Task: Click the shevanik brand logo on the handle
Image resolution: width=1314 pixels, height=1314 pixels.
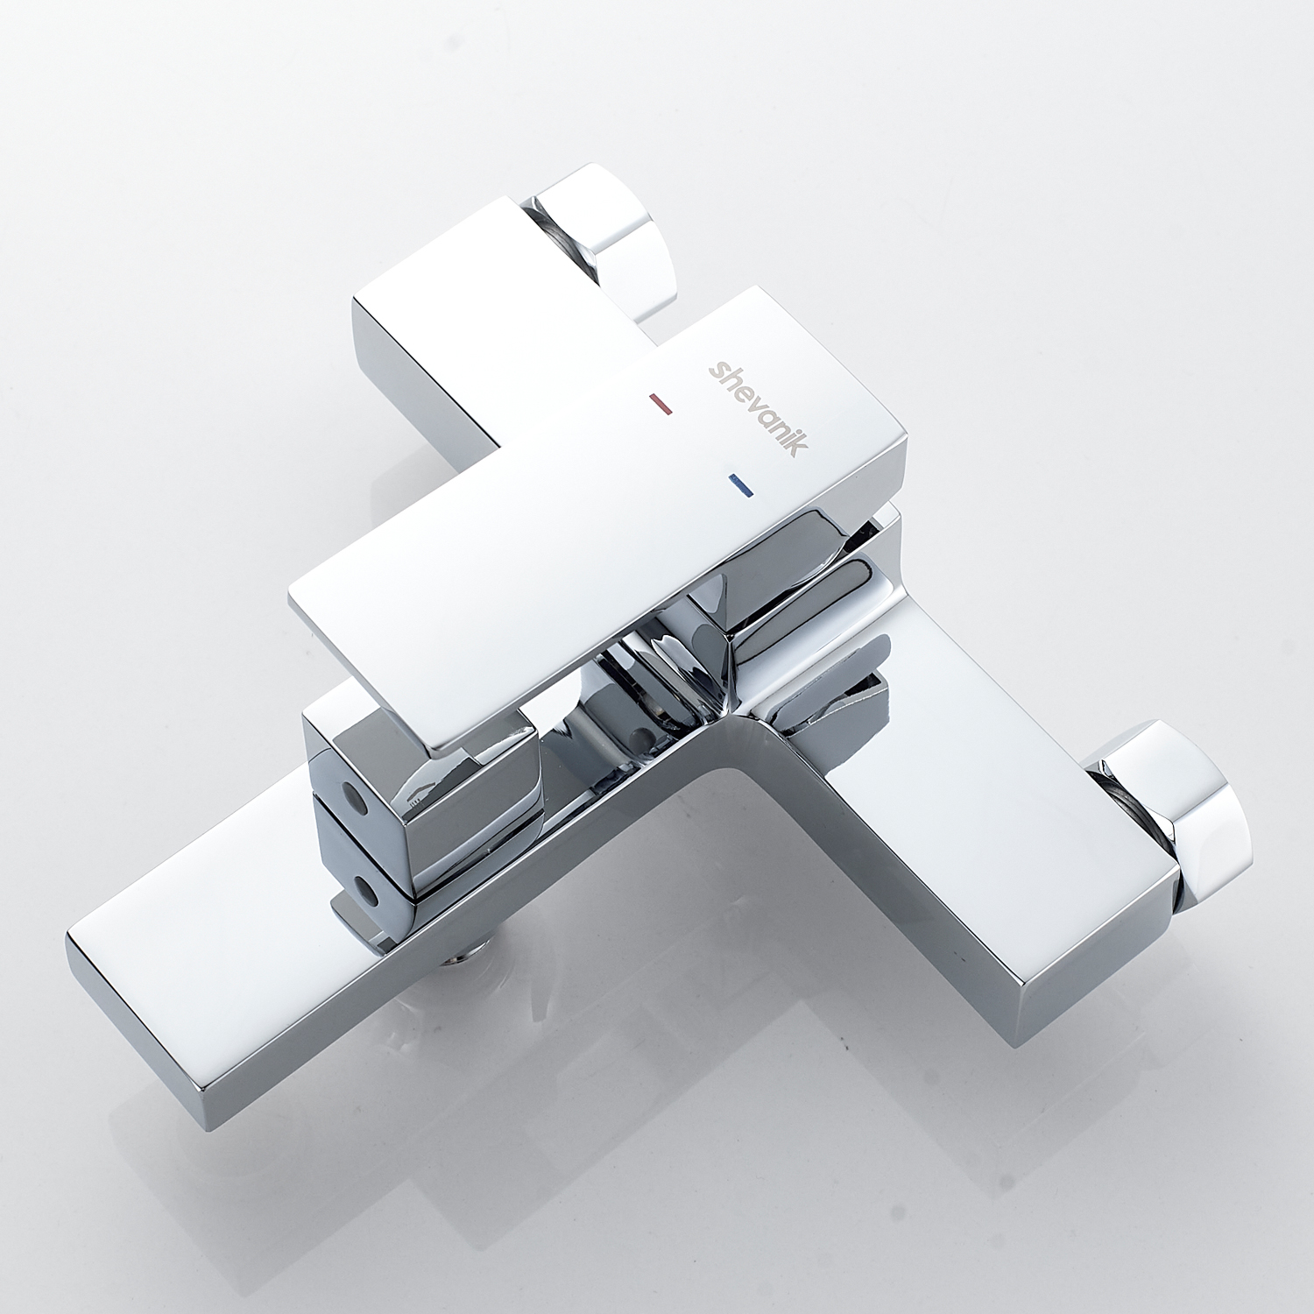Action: pyautogui.click(x=758, y=406)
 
